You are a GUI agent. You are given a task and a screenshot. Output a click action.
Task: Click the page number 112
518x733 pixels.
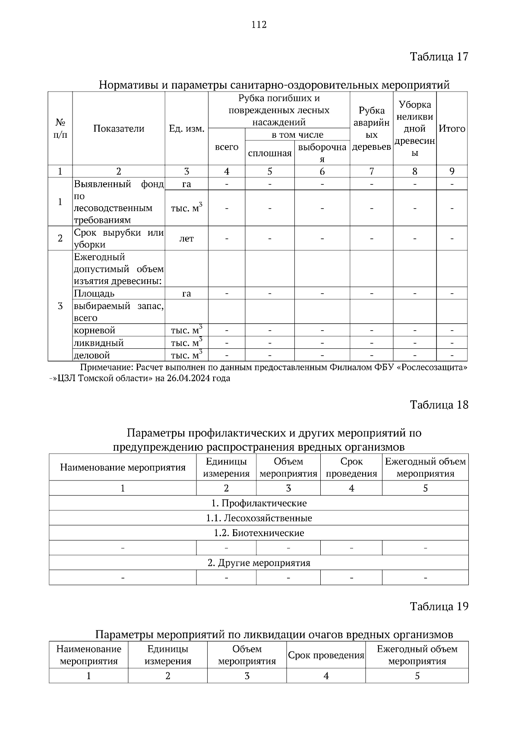[259, 25]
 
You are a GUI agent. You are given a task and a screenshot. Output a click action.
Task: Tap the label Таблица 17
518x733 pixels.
[439, 57]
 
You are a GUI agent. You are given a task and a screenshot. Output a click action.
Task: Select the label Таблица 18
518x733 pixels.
[439, 404]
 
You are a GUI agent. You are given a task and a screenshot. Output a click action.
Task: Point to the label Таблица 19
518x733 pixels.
[439, 606]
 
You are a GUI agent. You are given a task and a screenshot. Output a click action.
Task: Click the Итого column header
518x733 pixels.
[452, 129]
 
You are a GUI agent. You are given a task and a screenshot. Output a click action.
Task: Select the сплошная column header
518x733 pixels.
[270, 153]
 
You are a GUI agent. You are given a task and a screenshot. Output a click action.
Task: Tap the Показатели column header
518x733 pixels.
[119, 129]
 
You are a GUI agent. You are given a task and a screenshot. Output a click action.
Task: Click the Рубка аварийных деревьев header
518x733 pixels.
[371, 129]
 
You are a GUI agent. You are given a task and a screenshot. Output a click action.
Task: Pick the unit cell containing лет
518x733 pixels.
[186, 238]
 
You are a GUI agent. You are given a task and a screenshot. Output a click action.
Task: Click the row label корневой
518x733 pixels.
[95, 330]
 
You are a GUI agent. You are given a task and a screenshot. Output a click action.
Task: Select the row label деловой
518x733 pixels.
[92, 355]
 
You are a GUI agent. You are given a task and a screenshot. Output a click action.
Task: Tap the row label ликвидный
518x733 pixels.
[99, 343]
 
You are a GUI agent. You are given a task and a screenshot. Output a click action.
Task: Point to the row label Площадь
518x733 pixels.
[94, 294]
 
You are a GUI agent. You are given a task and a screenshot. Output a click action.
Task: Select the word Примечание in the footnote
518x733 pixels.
[107, 368]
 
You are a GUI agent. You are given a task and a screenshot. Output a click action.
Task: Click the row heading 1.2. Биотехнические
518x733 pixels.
[259, 533]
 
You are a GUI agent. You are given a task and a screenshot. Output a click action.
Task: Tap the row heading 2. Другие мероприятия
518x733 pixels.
[259, 563]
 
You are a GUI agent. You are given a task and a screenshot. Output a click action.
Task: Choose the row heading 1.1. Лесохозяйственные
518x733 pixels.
[259, 518]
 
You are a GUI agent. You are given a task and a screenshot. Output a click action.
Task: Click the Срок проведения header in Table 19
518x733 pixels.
[326, 655]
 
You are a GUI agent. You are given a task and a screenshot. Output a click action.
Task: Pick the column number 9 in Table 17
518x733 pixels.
[452, 171]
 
